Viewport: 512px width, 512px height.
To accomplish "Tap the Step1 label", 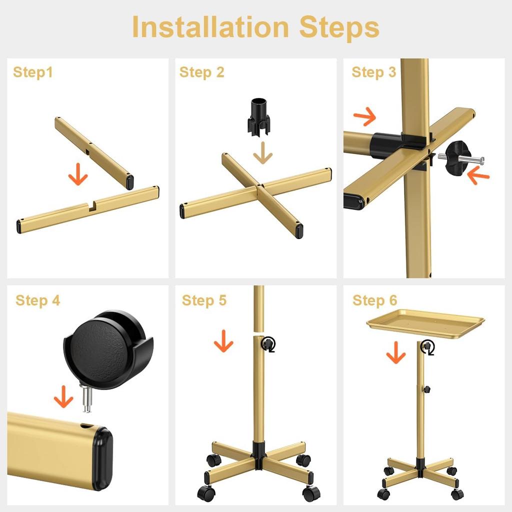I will (32, 72).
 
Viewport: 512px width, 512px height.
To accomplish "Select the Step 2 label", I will (201, 72).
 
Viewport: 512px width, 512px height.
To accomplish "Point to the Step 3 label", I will (373, 72).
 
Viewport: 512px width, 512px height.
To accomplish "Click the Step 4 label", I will (37, 300).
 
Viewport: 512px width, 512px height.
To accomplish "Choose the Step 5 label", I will (204, 300).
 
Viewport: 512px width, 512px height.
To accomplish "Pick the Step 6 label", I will (374, 300).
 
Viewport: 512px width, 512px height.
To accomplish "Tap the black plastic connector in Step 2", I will (258, 117).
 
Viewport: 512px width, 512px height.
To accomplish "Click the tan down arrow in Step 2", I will (262, 152).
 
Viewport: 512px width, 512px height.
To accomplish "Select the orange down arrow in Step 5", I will (223, 342).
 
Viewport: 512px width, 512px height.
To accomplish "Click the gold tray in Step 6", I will (425, 322).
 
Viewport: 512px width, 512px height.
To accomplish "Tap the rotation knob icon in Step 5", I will (268, 343).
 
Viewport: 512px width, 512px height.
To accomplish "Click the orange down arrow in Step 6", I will (395, 353).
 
